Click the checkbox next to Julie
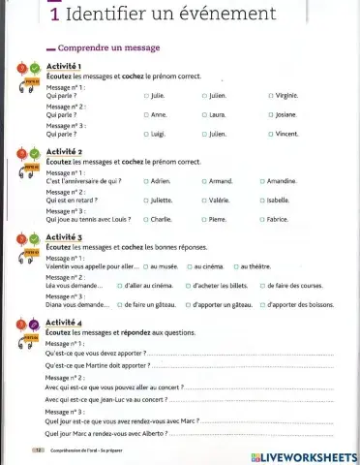tap(146, 96)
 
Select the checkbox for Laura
tap(204, 115)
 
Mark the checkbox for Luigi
tap(146, 135)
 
